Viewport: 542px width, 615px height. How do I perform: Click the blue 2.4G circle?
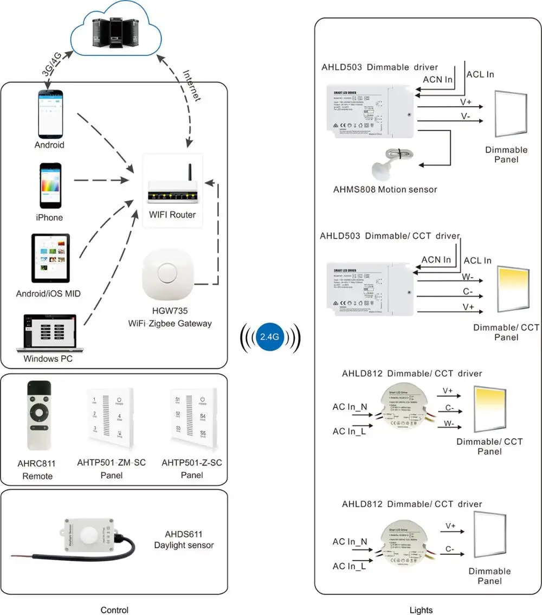tap(269, 336)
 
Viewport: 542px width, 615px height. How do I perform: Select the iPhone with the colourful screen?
tap(50, 185)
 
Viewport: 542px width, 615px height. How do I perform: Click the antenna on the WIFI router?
tap(190, 175)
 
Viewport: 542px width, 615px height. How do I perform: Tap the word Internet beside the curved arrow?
tap(192, 86)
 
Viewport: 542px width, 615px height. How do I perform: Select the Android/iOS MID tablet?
tap(50, 258)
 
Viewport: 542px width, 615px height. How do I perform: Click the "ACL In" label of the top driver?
tap(480, 74)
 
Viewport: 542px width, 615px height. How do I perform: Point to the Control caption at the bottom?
tap(115, 610)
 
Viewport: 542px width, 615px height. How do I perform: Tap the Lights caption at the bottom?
tap(421, 610)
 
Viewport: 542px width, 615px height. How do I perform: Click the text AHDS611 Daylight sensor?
tap(184, 540)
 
